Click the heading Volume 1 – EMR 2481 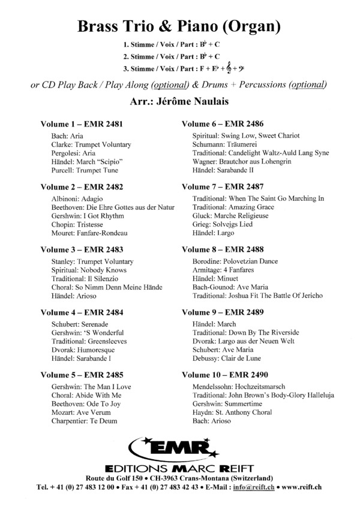coord(81,124)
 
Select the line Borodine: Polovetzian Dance coord(234,263)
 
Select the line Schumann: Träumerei coord(226,144)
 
